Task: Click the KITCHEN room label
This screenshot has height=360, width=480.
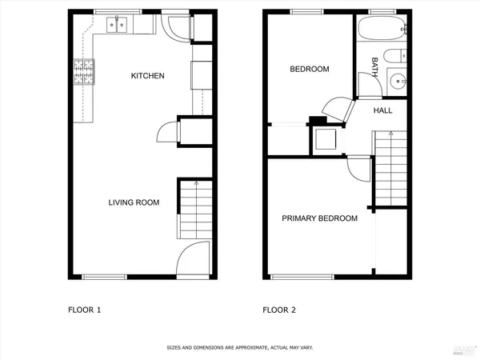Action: tap(148, 76)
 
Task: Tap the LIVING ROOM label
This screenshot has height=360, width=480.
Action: tap(134, 202)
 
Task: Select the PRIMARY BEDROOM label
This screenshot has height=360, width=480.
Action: tap(319, 218)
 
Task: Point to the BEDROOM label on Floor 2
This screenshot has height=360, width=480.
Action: tap(309, 70)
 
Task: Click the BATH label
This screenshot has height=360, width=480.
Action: tap(374, 63)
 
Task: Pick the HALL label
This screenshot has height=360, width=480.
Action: tap(383, 110)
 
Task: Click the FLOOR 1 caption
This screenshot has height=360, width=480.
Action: tap(83, 310)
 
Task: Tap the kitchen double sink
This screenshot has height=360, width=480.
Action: tap(117, 26)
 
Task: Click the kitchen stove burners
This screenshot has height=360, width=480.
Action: tap(83, 74)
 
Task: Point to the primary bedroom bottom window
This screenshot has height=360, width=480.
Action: tap(291, 278)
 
